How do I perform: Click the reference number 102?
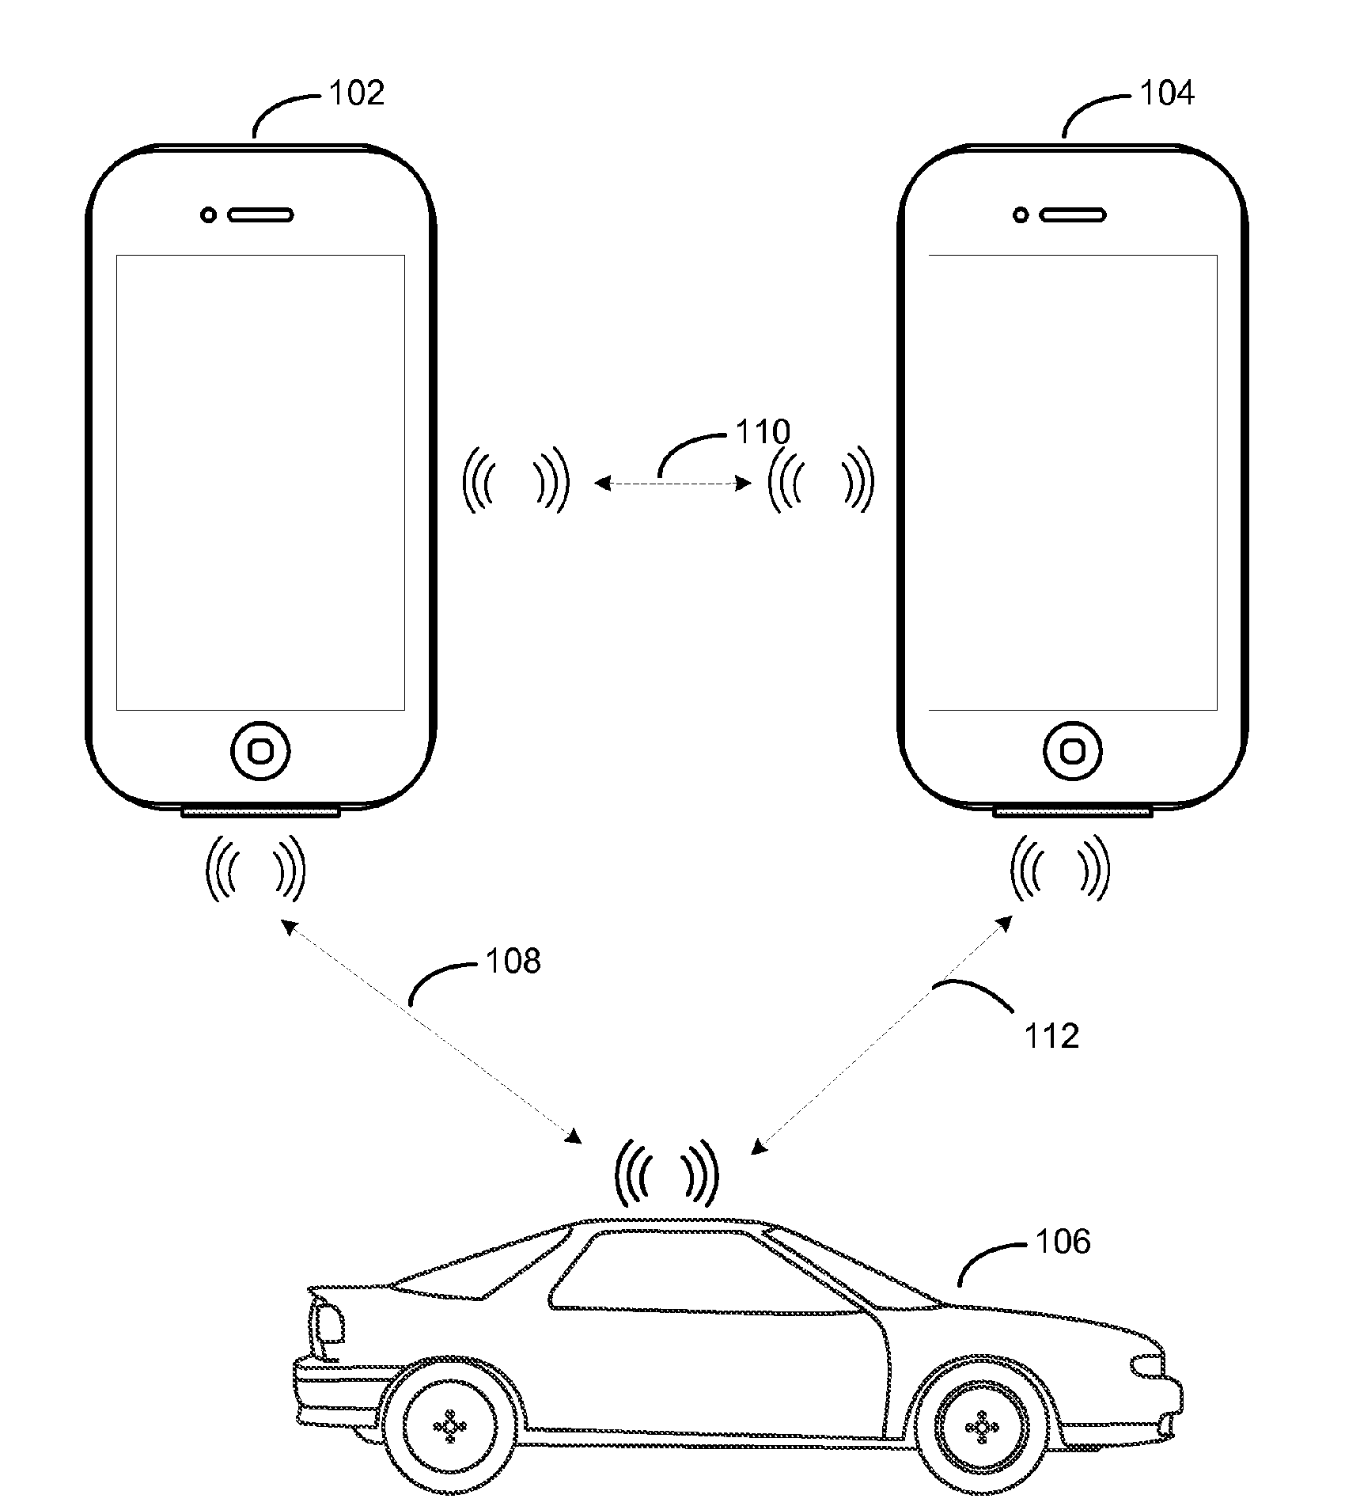(x=356, y=93)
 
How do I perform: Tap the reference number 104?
(x=1167, y=93)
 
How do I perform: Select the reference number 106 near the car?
(x=1063, y=1242)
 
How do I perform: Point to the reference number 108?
(x=513, y=961)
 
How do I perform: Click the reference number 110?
(x=763, y=432)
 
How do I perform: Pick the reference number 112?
(x=1051, y=1036)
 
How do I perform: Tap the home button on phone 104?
(x=1073, y=750)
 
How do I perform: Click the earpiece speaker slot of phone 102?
(x=261, y=214)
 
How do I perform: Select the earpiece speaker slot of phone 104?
(x=1074, y=214)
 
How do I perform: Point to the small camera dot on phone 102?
(x=208, y=214)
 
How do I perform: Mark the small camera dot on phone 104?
(x=1021, y=214)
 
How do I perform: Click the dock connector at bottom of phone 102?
(x=261, y=811)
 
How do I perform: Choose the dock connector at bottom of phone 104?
(x=1074, y=811)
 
